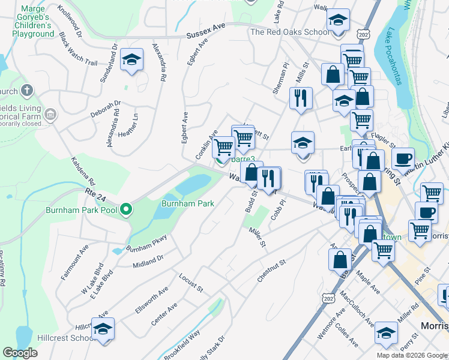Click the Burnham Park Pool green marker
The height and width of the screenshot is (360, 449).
[x=125, y=210]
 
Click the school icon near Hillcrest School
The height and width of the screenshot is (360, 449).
[x=103, y=329]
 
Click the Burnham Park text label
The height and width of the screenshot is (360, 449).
[x=188, y=203]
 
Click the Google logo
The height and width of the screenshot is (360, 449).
[x=20, y=353]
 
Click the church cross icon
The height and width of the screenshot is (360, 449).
[x=26, y=91]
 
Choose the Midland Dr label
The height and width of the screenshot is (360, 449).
[x=148, y=260]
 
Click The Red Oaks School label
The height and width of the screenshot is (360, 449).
[x=289, y=32]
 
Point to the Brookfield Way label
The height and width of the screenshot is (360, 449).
[x=185, y=341]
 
